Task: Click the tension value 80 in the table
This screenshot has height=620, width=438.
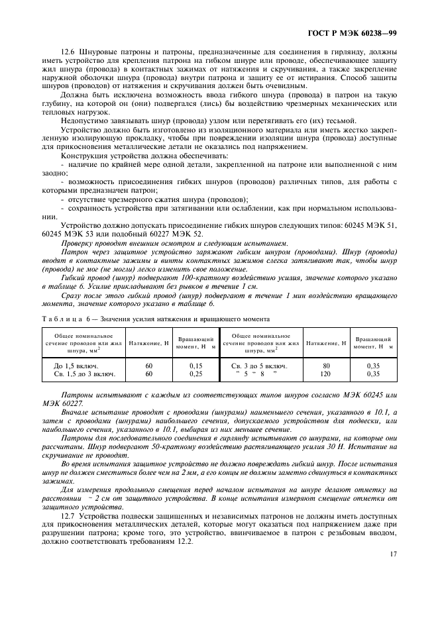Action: (325, 365)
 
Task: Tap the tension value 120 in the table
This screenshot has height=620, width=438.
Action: (325, 374)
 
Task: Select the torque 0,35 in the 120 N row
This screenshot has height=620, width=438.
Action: (374, 374)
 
